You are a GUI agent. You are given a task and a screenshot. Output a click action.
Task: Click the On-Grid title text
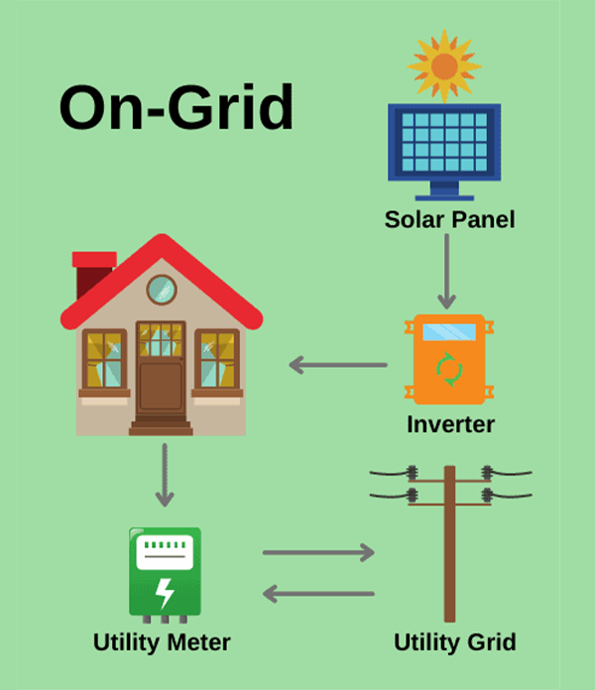tap(176, 108)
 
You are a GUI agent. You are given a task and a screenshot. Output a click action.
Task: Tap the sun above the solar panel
tap(444, 65)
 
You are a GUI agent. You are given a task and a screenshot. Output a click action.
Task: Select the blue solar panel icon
tap(443, 147)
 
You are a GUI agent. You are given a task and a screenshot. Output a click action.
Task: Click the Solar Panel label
tap(449, 220)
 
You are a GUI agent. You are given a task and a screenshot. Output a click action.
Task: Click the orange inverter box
tap(449, 360)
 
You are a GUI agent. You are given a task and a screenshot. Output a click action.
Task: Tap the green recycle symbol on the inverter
tap(449, 369)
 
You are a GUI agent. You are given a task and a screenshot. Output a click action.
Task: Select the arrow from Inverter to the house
tap(337, 365)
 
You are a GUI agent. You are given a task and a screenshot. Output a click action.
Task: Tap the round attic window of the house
tap(161, 290)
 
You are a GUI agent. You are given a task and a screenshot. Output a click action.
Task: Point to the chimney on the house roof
tap(92, 274)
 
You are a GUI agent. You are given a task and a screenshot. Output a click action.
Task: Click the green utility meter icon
tap(165, 572)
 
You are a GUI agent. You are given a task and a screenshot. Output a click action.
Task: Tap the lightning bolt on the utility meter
tap(165, 592)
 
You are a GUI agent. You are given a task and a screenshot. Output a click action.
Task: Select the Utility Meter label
tap(162, 642)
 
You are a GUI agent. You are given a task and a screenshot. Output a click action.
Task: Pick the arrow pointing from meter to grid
tap(318, 552)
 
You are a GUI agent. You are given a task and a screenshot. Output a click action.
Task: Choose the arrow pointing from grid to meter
tap(318, 594)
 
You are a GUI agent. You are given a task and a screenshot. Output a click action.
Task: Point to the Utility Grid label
tap(454, 642)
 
